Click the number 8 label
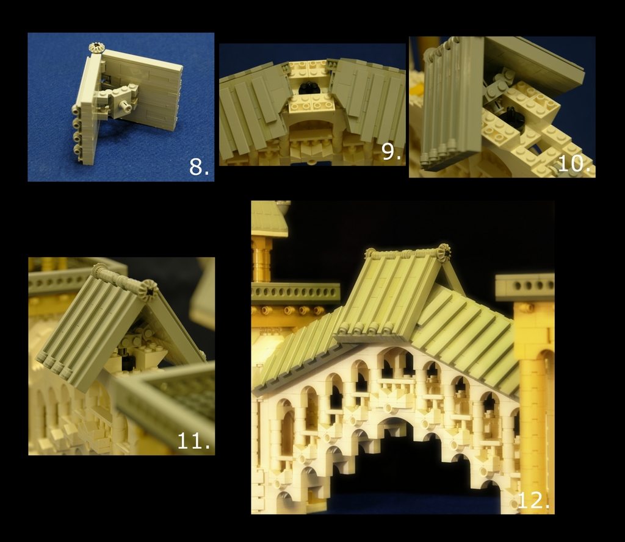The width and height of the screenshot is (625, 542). tap(199, 166)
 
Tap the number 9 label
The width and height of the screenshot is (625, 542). tap(391, 151)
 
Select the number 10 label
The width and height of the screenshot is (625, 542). tap(574, 163)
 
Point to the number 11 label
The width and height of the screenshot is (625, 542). tap(193, 440)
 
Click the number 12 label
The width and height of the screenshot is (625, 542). tap(533, 500)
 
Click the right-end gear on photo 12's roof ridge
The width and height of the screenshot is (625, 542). tap(443, 251)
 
